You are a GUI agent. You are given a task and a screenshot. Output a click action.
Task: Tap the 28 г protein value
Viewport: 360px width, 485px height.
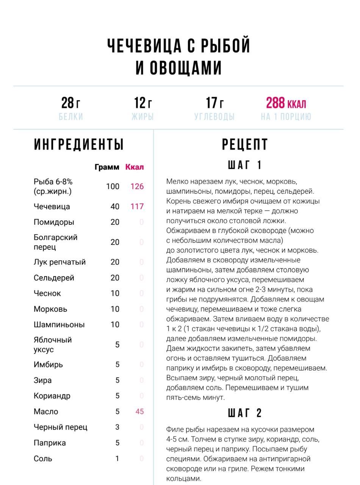71,103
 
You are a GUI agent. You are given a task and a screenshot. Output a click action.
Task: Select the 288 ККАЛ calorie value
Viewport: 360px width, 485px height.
286,103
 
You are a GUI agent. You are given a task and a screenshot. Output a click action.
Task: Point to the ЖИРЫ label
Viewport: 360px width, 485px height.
142,117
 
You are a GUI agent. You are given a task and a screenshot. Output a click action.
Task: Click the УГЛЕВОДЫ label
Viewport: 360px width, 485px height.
214,117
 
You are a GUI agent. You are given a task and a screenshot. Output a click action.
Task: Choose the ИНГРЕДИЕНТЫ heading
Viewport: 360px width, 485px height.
79,145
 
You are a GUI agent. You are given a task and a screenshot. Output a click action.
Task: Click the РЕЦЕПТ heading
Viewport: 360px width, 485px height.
245,145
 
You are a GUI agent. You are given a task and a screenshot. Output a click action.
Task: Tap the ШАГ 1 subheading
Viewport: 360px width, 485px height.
245,165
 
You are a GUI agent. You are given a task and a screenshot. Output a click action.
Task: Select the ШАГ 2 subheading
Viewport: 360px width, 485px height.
245,413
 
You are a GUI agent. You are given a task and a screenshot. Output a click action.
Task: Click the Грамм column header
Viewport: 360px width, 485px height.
107,167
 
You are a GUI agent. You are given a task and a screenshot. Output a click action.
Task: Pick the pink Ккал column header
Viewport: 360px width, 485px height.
135,167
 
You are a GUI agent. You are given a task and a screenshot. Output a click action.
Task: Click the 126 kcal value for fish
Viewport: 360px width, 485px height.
137,186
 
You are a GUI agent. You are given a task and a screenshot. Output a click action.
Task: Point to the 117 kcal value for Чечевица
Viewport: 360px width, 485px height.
137,207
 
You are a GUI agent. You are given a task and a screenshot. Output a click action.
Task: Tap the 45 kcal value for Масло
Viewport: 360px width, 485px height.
139,411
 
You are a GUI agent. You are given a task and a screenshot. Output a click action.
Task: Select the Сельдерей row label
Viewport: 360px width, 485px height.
54,278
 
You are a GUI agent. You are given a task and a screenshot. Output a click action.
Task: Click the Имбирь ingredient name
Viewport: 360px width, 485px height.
48,365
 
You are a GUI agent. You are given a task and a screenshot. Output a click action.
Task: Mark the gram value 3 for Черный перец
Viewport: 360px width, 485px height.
117,427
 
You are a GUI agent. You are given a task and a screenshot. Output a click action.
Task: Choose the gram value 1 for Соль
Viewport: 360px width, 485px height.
117,458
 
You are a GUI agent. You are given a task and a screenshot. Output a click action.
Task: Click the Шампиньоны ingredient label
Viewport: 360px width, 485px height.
59,325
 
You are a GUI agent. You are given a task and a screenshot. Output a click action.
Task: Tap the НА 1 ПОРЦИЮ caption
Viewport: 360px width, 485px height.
286,117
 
